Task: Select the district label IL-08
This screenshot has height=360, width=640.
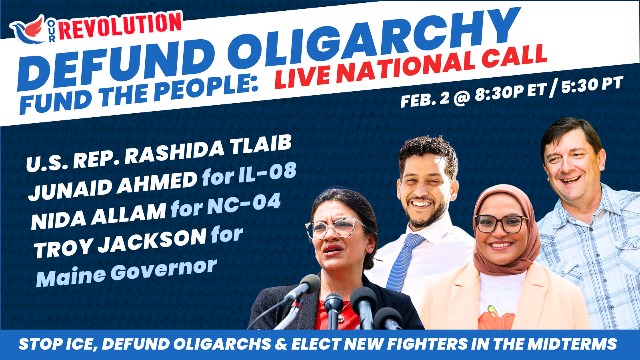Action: pos(267,173)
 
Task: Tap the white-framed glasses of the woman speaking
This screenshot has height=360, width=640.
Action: pos(334,228)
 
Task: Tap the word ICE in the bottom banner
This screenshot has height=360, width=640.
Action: pos(80,344)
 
